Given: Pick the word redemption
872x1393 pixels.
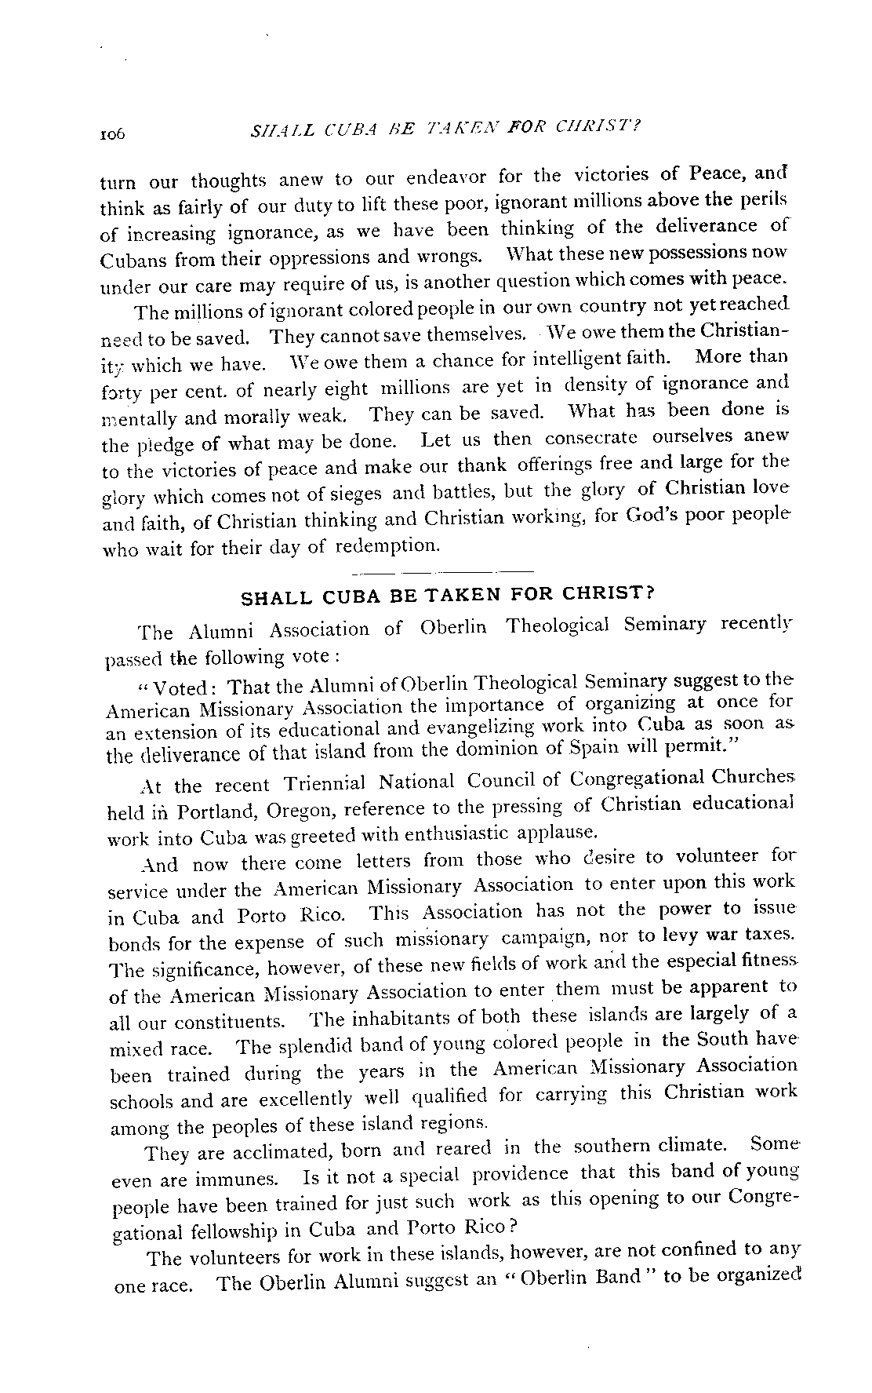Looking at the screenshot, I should coord(384,545).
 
